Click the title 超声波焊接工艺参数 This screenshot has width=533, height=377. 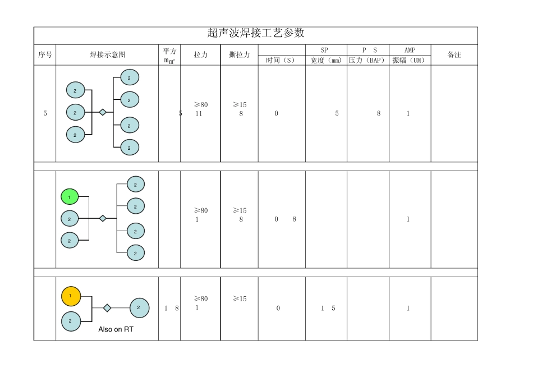pyautogui.click(x=256, y=33)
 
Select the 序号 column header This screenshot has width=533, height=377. pyautogui.click(x=45, y=55)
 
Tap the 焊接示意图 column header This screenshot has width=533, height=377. pyautogui.click(x=107, y=55)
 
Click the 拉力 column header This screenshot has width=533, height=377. pyautogui.click(x=200, y=55)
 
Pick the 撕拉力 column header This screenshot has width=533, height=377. pyautogui.click(x=240, y=55)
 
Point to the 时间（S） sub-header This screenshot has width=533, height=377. pyautogui.click(x=281, y=61)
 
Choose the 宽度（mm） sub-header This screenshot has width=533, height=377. pyautogui.click(x=326, y=61)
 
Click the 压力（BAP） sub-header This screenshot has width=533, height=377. pyautogui.click(x=367, y=61)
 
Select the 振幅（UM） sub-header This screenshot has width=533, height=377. pyautogui.click(x=410, y=61)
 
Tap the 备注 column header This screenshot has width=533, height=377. pyautogui.click(x=454, y=55)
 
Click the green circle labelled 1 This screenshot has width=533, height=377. pyautogui.click(x=70, y=197)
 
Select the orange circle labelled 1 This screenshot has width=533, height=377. pyautogui.click(x=71, y=296)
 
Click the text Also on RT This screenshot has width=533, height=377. pyautogui.click(x=116, y=329)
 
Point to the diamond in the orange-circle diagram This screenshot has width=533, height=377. pyautogui.click(x=107, y=308)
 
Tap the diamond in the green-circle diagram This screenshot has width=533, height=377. pyautogui.click(x=103, y=218)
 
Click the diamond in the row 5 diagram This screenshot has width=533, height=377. pyautogui.click(x=103, y=112)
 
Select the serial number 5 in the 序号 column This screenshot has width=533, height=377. pyautogui.click(x=45, y=113)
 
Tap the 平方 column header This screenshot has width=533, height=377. pyautogui.click(x=169, y=52)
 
